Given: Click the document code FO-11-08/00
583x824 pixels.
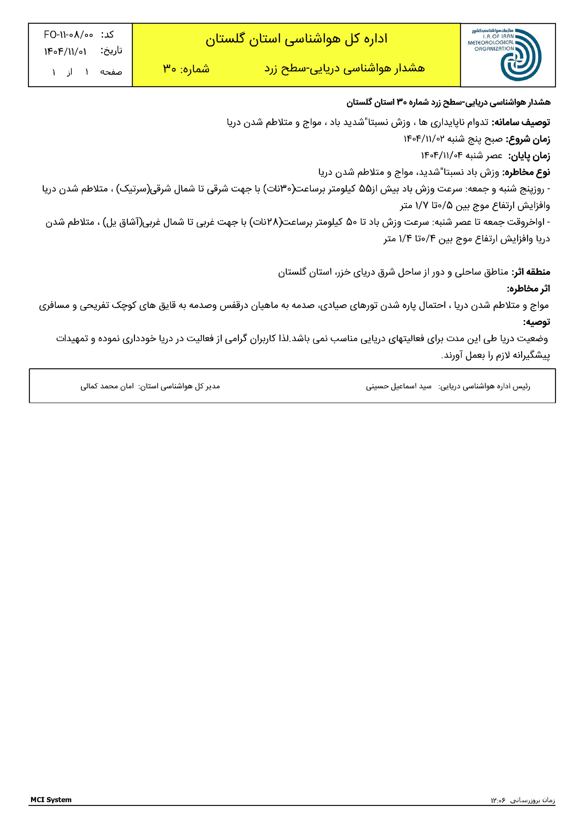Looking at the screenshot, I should click(x=68, y=35).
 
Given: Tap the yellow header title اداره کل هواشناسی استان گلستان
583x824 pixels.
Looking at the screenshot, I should click(x=296, y=39).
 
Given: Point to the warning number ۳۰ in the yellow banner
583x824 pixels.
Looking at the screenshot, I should click(x=169, y=69).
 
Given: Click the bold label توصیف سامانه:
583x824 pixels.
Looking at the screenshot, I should click(x=521, y=123).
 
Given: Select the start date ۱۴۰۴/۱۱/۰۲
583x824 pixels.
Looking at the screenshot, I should click(x=424, y=139).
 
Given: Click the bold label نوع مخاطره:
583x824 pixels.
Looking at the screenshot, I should click(x=526, y=173).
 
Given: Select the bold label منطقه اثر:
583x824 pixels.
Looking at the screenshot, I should click(x=530, y=272).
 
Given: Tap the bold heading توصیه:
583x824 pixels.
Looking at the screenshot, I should click(x=536, y=322).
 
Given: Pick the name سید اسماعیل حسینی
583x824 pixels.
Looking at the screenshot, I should click(x=398, y=387).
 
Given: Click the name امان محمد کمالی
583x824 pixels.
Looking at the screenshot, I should click(x=107, y=387).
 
